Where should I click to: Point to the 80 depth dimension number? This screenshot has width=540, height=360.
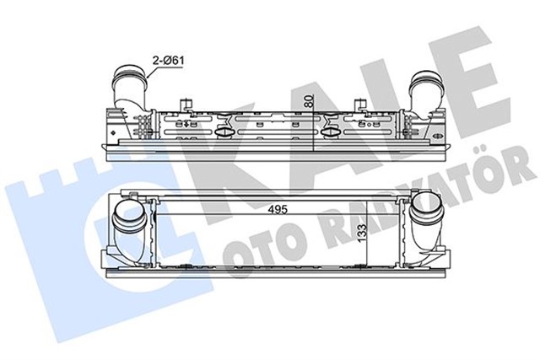click(x=309, y=101)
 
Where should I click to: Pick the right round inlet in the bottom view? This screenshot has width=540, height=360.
click(x=422, y=222)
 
